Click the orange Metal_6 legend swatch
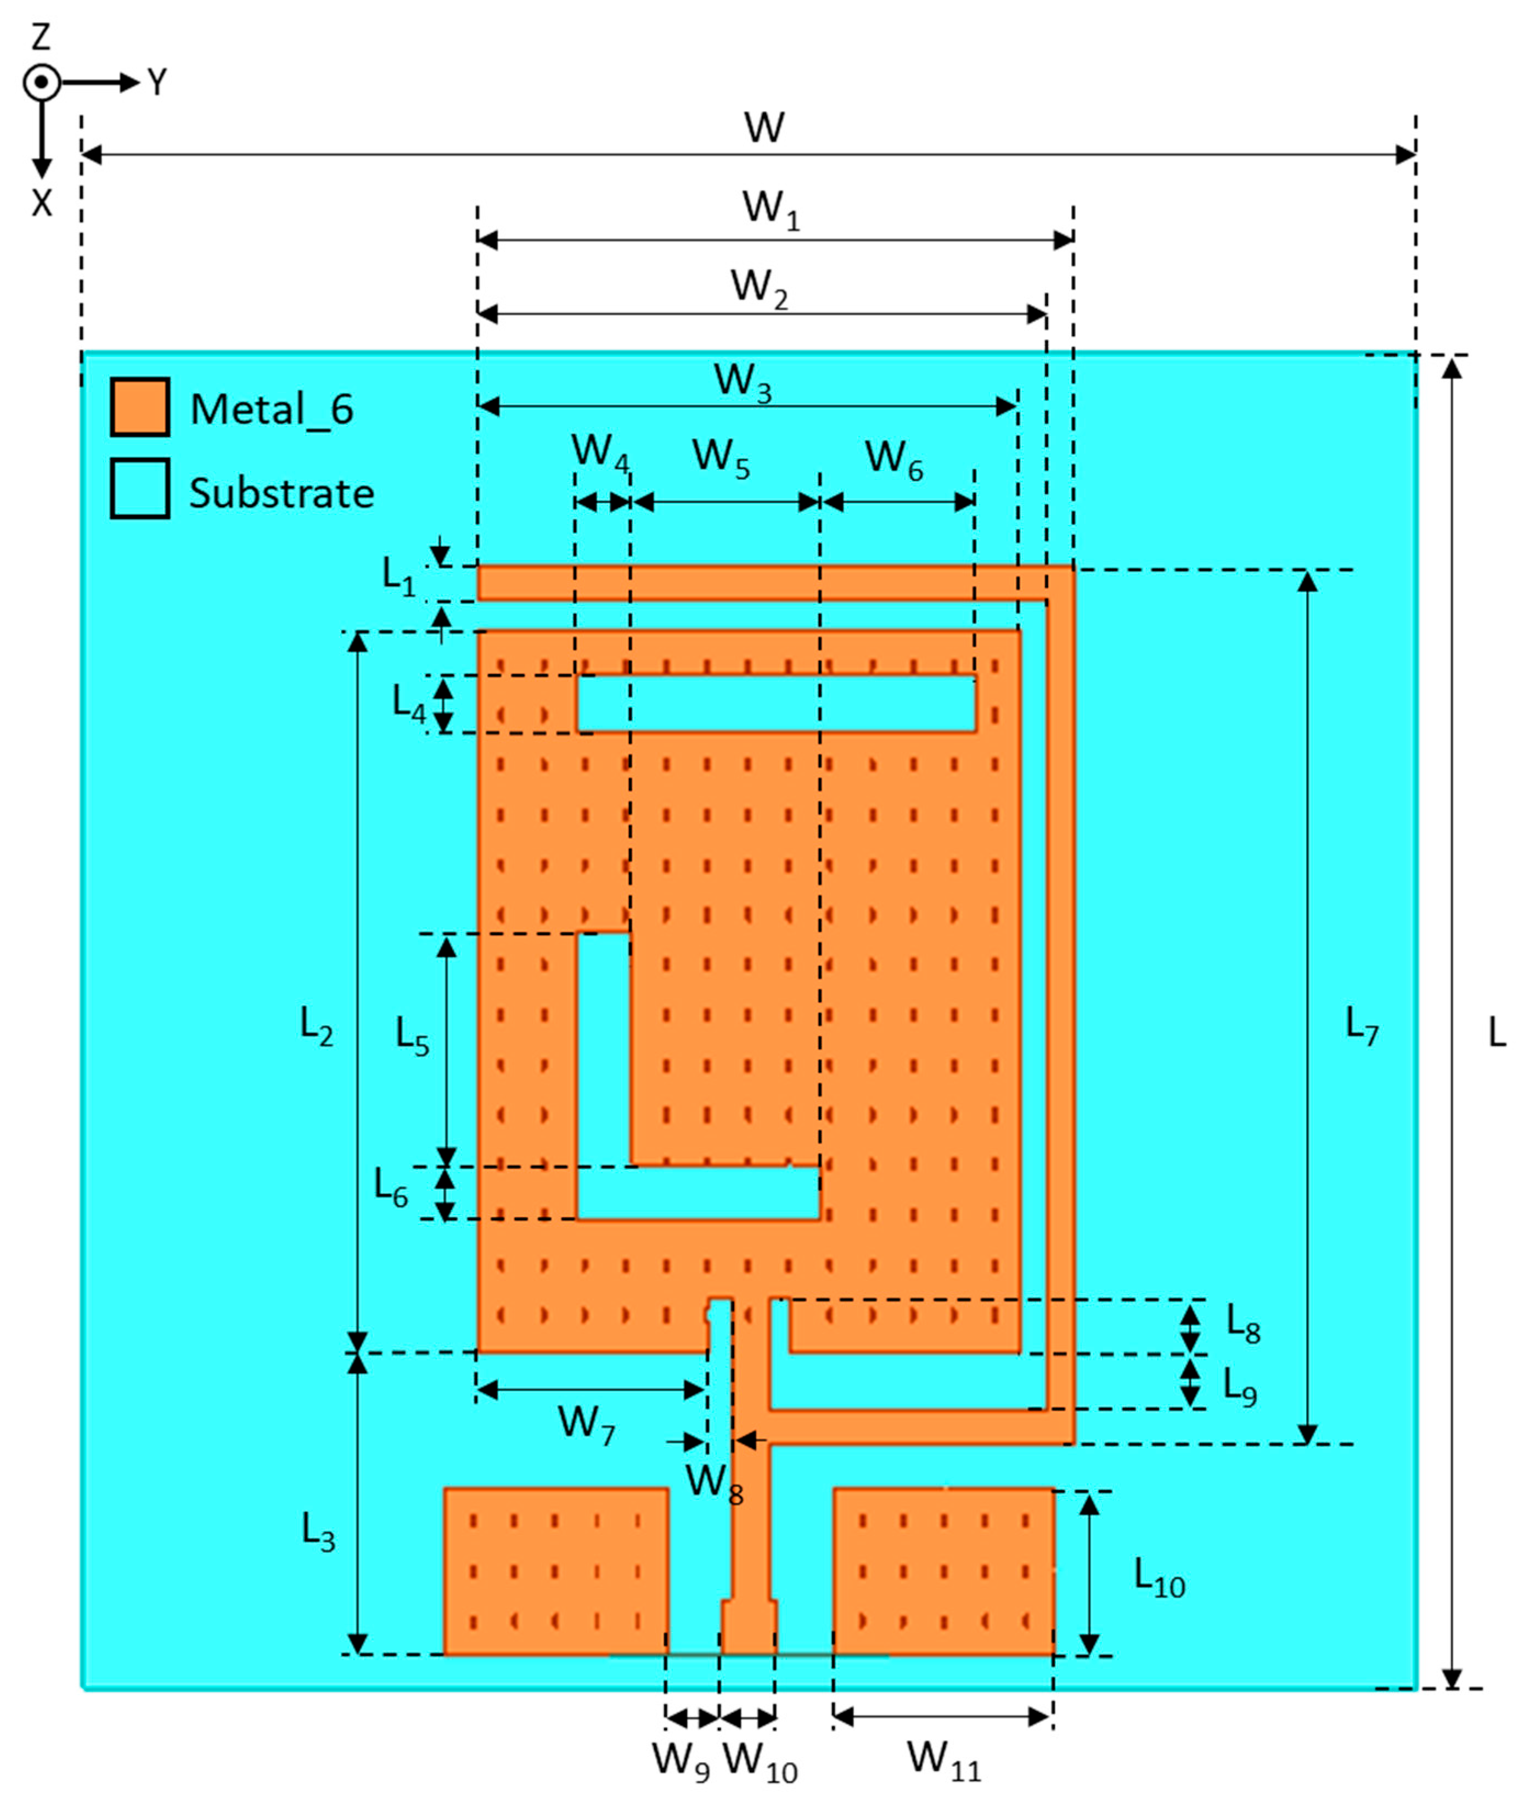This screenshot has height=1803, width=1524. [139, 406]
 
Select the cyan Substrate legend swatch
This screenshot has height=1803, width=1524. [139, 488]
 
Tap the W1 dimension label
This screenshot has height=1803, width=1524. [771, 210]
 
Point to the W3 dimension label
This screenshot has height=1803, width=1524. [742, 383]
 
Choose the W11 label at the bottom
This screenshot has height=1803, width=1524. [943, 1759]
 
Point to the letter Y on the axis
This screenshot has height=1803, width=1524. [156, 83]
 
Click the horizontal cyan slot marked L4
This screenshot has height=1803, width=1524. [776, 703]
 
